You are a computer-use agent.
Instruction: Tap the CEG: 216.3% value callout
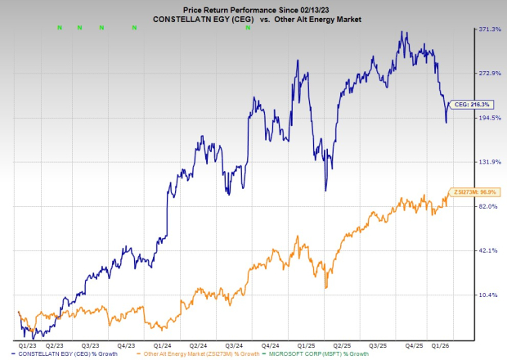coord(472,104)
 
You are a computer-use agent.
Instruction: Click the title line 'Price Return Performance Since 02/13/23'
coord(253,7)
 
